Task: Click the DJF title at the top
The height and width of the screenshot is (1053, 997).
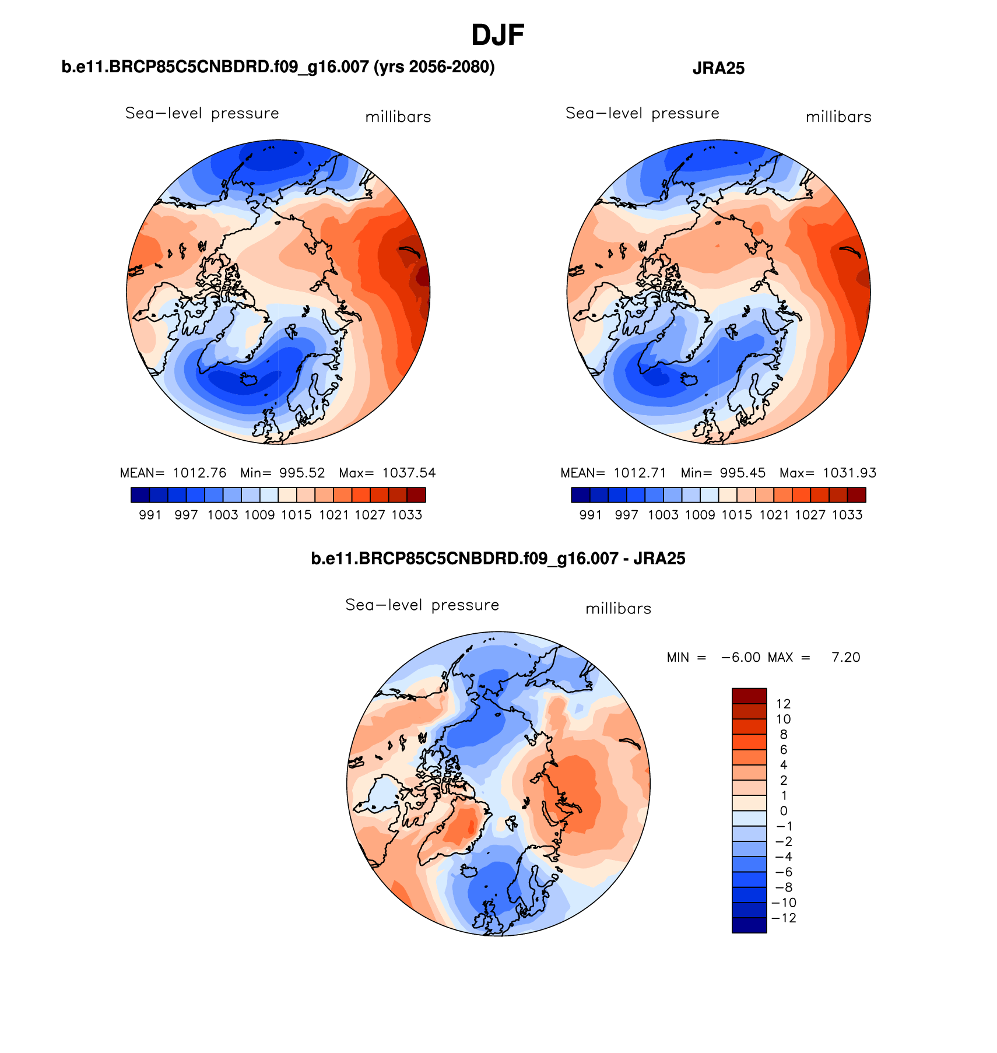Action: tap(497, 36)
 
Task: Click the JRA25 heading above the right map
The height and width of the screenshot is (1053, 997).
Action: tap(718, 69)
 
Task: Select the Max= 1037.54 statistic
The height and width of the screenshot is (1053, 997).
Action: tap(387, 473)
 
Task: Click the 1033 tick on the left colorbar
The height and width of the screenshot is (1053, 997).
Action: tap(406, 515)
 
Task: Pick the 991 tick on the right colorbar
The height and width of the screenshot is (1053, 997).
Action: tap(591, 515)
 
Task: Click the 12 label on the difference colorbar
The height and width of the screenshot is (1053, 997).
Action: tap(783, 704)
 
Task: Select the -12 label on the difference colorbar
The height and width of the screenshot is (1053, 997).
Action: tap(783, 918)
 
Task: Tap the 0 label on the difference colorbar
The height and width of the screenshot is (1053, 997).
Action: tap(783, 811)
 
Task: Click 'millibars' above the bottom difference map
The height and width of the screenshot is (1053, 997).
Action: tap(618, 609)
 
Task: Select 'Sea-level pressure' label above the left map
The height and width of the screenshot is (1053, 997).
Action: tap(202, 113)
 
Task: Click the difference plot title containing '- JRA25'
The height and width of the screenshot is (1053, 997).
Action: tap(498, 559)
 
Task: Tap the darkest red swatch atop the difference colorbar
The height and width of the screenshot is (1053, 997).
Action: tap(749, 696)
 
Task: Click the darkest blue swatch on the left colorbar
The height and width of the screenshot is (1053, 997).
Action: tap(140, 495)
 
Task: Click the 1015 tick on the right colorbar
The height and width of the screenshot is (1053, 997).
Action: tap(737, 515)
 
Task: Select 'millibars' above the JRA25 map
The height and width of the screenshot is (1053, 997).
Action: tap(838, 117)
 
